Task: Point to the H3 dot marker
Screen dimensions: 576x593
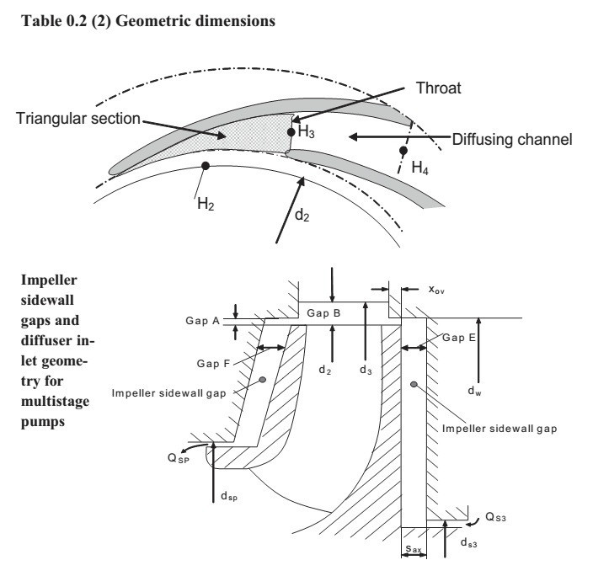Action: coord(290,132)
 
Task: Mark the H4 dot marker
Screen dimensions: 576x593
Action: coord(403,151)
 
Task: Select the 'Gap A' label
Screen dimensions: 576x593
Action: coord(202,321)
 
